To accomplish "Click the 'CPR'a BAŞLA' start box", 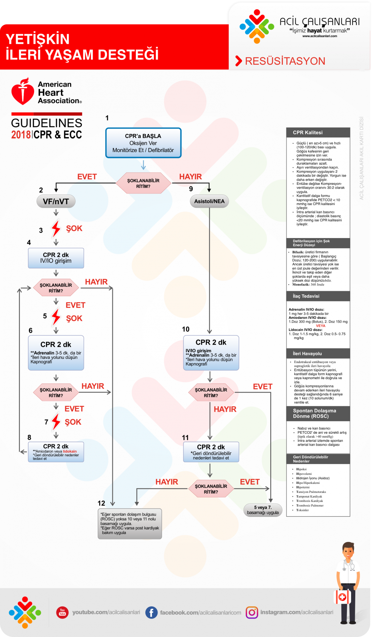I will point(143,143).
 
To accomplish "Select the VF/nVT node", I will point(56,201).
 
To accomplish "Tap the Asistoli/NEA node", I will point(209,201).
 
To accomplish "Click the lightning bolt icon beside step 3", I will point(56,228).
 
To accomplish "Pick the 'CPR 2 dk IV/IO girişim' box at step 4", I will point(56,258).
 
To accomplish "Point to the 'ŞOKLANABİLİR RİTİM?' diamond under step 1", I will point(143,183).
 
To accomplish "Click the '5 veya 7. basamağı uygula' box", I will point(263,510).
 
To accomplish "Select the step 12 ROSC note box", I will point(130,524).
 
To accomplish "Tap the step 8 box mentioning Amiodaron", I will point(56,452).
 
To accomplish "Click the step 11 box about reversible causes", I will point(211,452).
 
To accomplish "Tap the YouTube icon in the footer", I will point(62,612).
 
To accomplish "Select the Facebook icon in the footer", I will point(151,612).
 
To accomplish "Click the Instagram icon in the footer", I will point(252,612).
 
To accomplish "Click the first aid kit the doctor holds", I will point(342,597).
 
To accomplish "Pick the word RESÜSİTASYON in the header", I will point(285,61).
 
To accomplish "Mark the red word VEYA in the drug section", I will point(320,326).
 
